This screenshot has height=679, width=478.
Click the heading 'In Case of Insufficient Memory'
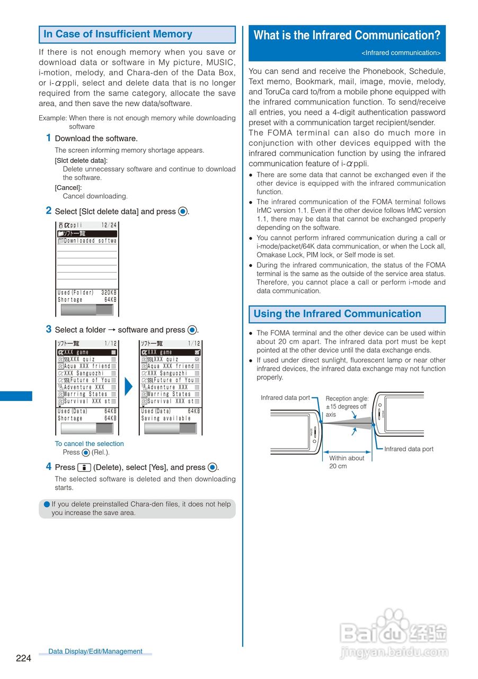[118, 34]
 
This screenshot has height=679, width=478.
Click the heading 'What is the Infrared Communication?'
[347, 36]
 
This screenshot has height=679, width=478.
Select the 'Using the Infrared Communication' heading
[337, 314]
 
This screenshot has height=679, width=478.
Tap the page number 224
[23, 658]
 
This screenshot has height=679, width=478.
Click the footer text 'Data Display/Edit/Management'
[95, 651]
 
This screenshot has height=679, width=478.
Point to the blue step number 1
[48, 138]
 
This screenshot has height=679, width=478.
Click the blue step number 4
[48, 467]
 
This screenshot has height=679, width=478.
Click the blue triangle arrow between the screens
[128, 387]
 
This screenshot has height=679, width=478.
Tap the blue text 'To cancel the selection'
[89, 444]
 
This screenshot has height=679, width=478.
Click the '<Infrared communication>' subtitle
[401, 53]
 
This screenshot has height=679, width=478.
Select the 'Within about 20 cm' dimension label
[347, 462]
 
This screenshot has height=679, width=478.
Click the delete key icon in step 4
[84, 467]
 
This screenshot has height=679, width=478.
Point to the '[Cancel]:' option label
[68, 188]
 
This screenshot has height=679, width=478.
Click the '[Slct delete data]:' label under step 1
[81, 161]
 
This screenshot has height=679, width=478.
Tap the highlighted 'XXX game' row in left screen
[87, 352]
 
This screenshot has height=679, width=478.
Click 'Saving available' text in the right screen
[166, 419]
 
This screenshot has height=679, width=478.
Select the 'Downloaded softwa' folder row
[87, 241]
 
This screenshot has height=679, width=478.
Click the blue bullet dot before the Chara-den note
[47, 504]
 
